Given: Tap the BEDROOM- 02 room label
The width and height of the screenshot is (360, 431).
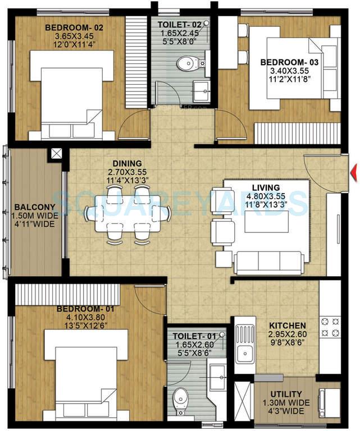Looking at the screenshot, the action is coord(74,27).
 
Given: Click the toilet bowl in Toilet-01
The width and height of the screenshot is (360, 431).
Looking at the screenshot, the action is coord(180,400).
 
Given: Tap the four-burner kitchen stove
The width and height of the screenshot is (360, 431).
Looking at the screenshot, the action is coord(330,327).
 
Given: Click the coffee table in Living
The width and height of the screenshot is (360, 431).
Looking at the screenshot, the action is coord(267,222).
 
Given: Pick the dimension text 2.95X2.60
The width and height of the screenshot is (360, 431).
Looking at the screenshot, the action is coord(288,334).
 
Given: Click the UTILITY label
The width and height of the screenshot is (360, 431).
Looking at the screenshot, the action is coord(286,394).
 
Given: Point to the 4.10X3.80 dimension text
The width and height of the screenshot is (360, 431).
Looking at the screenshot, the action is coord(85,317).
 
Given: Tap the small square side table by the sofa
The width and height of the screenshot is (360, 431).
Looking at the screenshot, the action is coord(224,259).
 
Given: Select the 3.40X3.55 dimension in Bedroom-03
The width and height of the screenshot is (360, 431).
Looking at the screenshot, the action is coord(290,71).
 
